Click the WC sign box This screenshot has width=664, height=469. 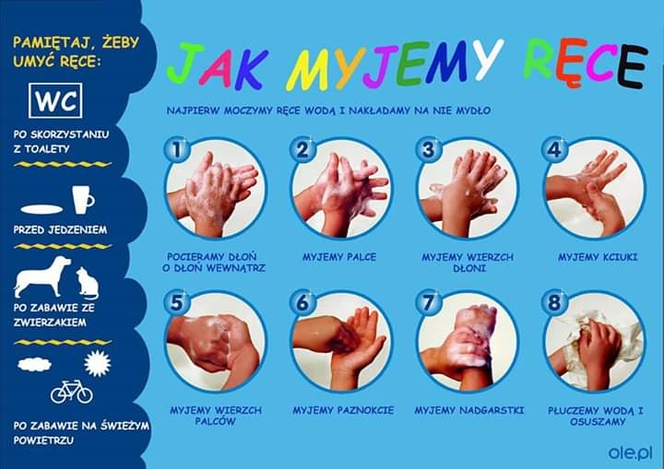pyautogui.click(x=55, y=100)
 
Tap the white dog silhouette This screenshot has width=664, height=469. pyautogui.click(x=42, y=276)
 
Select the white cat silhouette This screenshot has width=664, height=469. pyautogui.click(x=88, y=283)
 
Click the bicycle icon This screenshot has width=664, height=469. pyautogui.click(x=72, y=392)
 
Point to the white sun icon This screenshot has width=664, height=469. pyautogui.click(x=98, y=363)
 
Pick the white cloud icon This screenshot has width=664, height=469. pyautogui.click(x=35, y=364)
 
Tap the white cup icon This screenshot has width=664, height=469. pyautogui.click(x=83, y=200)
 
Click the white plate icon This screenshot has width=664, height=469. pyautogui.click(x=41, y=209)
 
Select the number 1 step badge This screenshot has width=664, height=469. pyautogui.click(x=177, y=149)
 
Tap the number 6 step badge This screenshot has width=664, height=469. pyautogui.click(x=302, y=302)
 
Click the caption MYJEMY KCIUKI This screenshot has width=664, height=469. pyautogui.click(x=598, y=257)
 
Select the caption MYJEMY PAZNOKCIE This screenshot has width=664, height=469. pyautogui.click(x=343, y=410)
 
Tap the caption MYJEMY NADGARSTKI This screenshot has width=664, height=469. pyautogui.click(x=469, y=410)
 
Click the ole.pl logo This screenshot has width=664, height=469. pyautogui.click(x=630, y=453)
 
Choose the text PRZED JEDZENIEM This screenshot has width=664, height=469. pyautogui.click(x=60, y=229)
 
